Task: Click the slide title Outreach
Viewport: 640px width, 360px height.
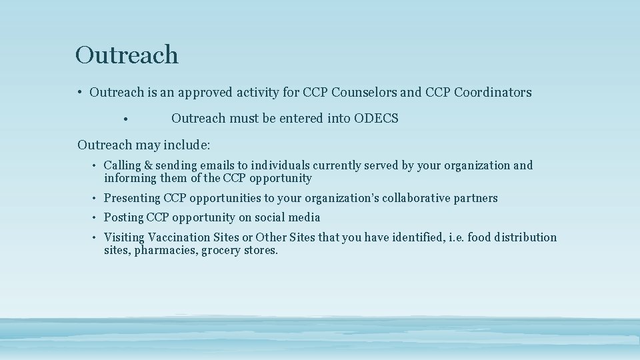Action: click(x=127, y=55)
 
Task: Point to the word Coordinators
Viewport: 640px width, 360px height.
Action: click(x=493, y=93)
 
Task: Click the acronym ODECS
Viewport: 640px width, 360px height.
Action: click(x=376, y=119)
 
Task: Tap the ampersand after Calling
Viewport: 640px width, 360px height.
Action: click(x=148, y=165)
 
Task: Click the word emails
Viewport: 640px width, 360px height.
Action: click(x=216, y=165)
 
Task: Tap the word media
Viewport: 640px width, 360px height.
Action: click(x=304, y=217)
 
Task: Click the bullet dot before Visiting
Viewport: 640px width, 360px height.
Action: click(x=96, y=238)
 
